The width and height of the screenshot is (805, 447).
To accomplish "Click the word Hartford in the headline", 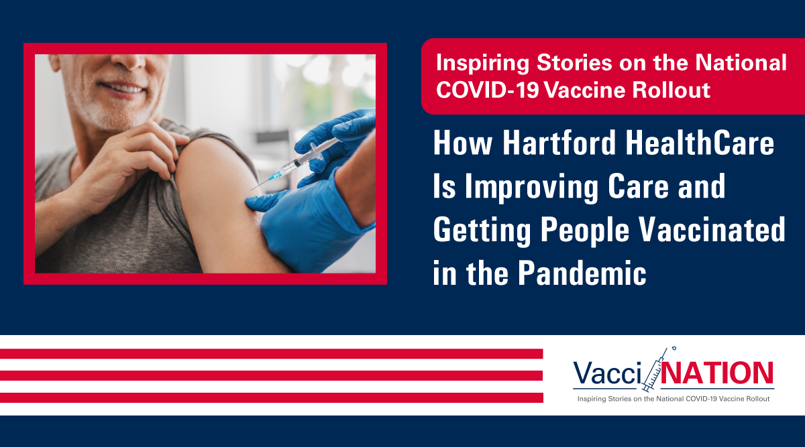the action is pyautogui.click(x=559, y=143).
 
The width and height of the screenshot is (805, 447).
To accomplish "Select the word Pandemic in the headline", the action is pyautogui.click(x=582, y=273).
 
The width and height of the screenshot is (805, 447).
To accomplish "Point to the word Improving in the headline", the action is pyautogui.click(x=531, y=188).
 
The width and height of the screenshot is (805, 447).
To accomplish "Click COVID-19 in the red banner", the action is pyautogui.click(x=488, y=89).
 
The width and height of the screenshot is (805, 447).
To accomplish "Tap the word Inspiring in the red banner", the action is pyautogui.click(x=482, y=64).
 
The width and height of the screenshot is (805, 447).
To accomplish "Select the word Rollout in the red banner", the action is pyautogui.click(x=672, y=89).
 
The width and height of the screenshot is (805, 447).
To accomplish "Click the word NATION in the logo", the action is pyautogui.click(x=717, y=373).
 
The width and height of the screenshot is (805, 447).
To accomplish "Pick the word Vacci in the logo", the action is pyautogui.click(x=607, y=373).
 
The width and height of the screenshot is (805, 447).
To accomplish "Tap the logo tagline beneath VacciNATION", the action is pyautogui.click(x=674, y=399).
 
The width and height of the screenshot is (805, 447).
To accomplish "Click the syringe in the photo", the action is pyautogui.click(x=295, y=164).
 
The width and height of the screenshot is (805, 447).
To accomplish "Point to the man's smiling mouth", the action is pyautogui.click(x=121, y=87).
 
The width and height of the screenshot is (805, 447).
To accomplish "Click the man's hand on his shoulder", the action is pyautogui.click(x=137, y=162).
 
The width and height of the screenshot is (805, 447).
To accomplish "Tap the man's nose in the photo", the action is pyautogui.click(x=128, y=62).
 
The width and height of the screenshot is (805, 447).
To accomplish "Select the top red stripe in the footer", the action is pyautogui.click(x=271, y=354).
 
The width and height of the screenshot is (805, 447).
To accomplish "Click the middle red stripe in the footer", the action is pyautogui.click(x=271, y=375).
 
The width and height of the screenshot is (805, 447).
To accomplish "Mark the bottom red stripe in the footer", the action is pyautogui.click(x=271, y=397).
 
